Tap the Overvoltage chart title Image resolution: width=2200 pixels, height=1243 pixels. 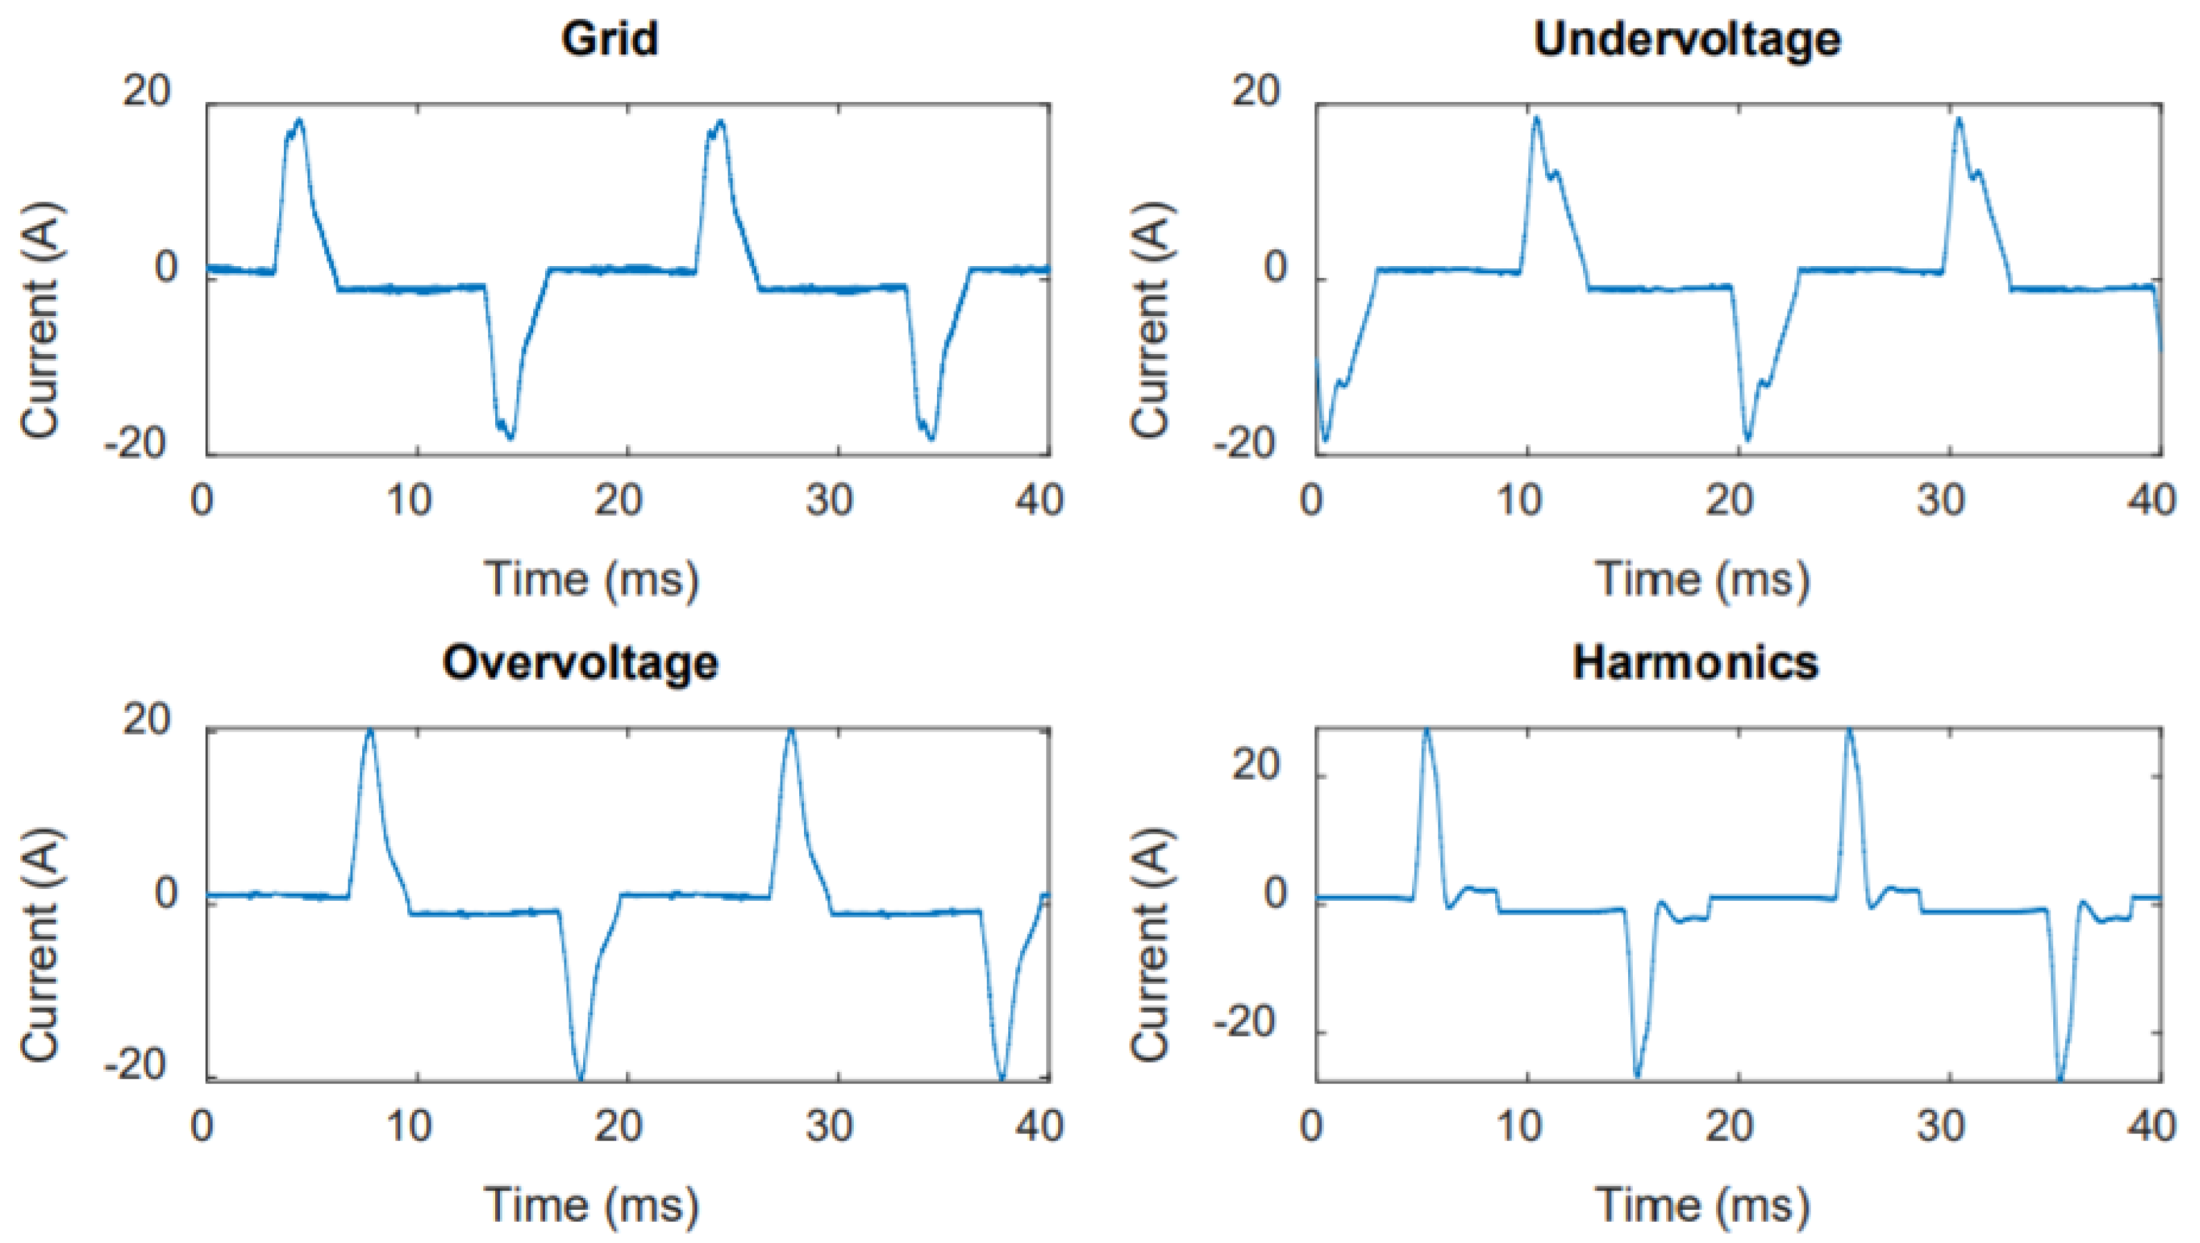point(580,663)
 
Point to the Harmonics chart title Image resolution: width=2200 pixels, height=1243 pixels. point(1695,663)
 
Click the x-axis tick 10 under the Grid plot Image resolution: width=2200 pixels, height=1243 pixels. point(409,500)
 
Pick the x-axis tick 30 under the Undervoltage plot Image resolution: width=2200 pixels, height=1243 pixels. point(1940,500)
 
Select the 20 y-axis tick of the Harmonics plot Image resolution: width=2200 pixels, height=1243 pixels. point(1255,765)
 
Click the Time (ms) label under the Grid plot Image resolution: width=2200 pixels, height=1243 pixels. point(592,580)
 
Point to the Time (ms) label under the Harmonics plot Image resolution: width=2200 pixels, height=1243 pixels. point(1702,1206)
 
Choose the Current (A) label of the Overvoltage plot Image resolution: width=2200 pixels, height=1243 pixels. point(41,944)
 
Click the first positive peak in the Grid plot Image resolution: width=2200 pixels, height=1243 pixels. point(298,121)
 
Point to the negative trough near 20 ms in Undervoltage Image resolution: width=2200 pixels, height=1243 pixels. point(1747,439)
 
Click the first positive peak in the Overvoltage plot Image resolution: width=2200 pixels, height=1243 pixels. point(369,731)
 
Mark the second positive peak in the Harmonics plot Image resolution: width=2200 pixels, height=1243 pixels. point(1849,731)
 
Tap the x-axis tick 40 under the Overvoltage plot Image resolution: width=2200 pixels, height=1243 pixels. point(1039,1125)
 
